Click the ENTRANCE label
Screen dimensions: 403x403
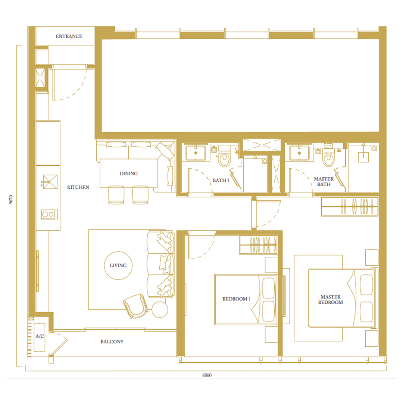pyautogui.click(x=69, y=36)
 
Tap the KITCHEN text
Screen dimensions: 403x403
pyautogui.click(x=78, y=187)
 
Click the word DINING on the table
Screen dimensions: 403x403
pyautogui.click(x=128, y=174)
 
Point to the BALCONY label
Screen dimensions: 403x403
pyautogui.click(x=112, y=341)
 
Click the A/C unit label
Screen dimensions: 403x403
pyautogui.click(x=40, y=336)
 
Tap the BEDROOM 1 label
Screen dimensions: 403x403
pyautogui.click(x=237, y=299)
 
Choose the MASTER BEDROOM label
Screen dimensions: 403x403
pyautogui.click(x=331, y=300)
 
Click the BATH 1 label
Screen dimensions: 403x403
pyautogui.click(x=221, y=181)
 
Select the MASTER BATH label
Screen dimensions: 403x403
pyautogui.click(x=324, y=181)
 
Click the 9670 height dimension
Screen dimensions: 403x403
pyautogui.click(x=11, y=200)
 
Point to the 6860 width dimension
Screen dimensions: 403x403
pyautogui.click(x=207, y=375)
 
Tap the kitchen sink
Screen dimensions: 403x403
pyautogui.click(x=50, y=182)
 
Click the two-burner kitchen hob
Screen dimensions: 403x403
pyautogui.click(x=49, y=214)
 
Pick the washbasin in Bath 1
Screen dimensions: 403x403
pyautogui.click(x=196, y=153)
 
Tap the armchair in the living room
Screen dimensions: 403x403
pyautogui.click(x=136, y=306)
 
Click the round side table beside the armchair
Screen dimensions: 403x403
pyautogui.click(x=160, y=309)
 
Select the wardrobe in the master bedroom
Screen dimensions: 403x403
pyautogui.click(x=350, y=207)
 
